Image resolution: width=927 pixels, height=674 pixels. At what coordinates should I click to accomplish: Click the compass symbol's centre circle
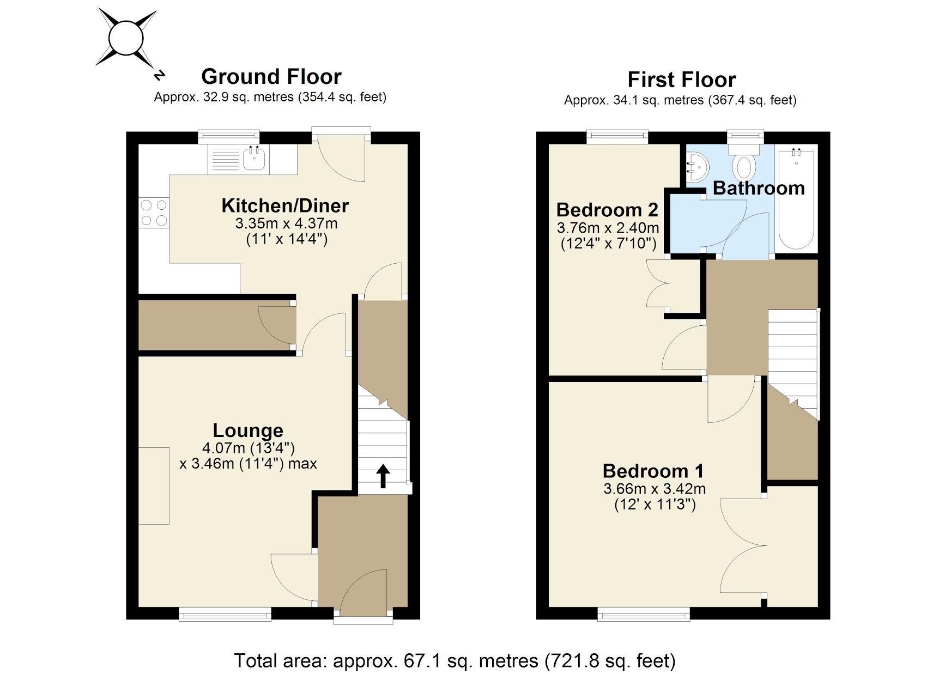tap(126, 38)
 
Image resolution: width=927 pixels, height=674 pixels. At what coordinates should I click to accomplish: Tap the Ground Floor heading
tap(271, 77)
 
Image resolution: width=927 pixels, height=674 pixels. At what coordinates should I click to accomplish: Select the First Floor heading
tap(681, 80)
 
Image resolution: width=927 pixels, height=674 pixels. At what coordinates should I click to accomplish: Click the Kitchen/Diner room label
tap(285, 206)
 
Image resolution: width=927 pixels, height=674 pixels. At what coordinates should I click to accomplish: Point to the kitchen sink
tap(254, 159)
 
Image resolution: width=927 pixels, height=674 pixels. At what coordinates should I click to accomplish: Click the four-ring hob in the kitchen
tap(154, 213)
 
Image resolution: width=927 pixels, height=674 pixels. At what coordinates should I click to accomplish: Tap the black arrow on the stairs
tap(383, 476)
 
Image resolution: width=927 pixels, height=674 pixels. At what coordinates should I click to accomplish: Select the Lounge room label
tap(248, 430)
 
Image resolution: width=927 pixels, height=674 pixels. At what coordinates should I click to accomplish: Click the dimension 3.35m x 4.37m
tap(286, 223)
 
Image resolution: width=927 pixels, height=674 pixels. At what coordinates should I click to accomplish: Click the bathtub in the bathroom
tap(796, 199)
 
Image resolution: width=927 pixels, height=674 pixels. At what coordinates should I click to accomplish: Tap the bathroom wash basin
tap(696, 167)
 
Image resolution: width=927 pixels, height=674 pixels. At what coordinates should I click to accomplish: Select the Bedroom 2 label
tap(607, 210)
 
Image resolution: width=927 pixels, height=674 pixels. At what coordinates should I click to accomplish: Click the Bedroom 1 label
tap(653, 471)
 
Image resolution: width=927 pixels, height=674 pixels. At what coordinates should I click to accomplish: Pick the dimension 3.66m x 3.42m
tap(654, 489)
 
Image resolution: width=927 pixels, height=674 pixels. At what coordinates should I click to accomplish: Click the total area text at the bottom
tap(455, 661)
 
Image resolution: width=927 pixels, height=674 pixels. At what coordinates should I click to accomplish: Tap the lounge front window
tap(225, 615)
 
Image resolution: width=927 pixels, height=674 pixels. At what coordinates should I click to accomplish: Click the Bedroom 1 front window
tap(644, 615)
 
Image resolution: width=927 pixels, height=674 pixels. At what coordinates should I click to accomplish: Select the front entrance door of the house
tap(363, 594)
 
